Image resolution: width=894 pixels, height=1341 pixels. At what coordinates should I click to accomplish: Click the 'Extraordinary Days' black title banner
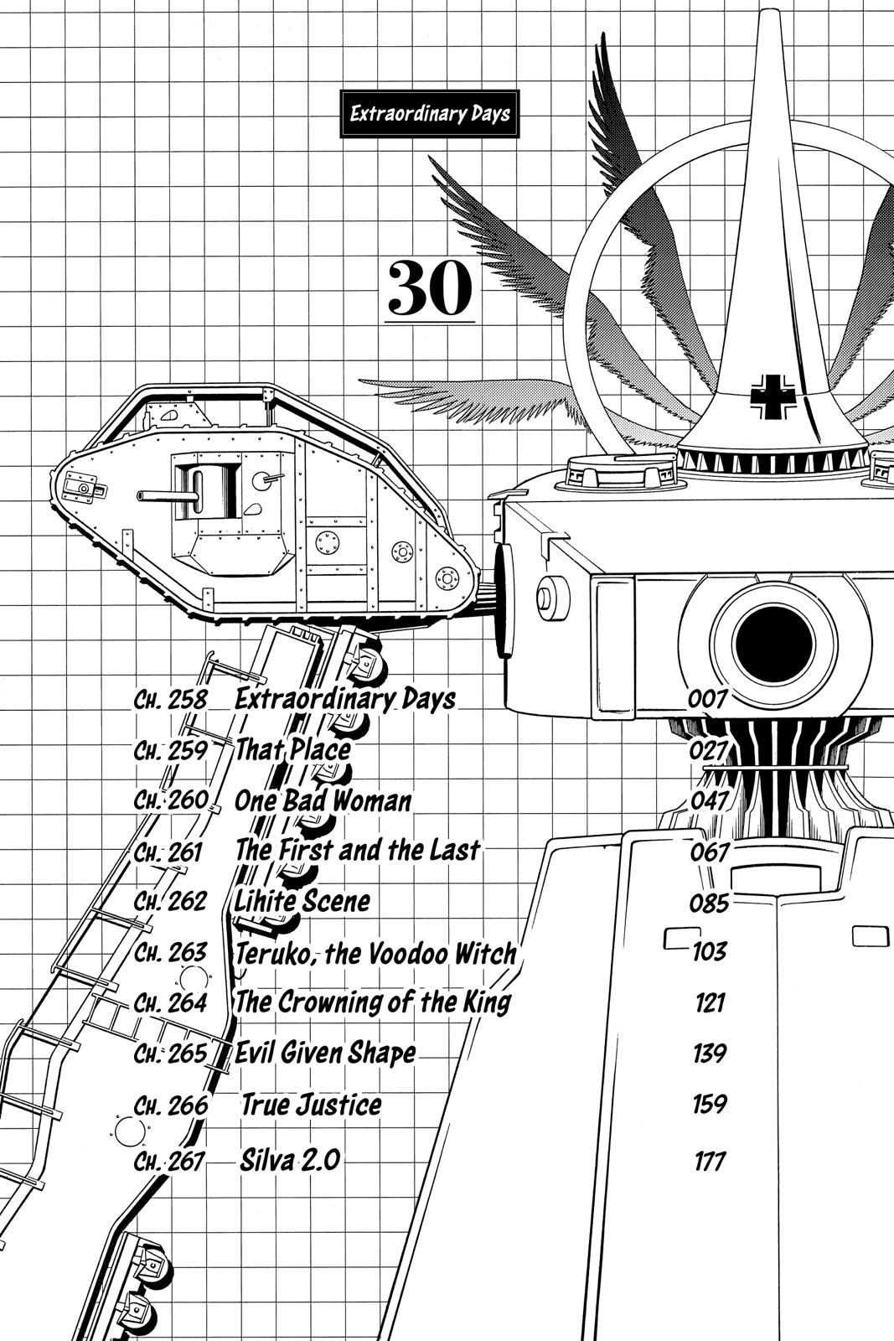point(430,114)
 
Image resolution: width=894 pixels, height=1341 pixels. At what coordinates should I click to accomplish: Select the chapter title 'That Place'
point(292,749)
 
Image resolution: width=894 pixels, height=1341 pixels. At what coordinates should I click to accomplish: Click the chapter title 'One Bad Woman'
point(323,800)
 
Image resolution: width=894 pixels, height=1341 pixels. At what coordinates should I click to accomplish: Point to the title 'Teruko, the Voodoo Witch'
point(375,953)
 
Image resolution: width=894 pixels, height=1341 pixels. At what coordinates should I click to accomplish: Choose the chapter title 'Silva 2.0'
point(290,1161)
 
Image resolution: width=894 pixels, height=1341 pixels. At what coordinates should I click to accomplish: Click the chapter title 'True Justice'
point(312,1105)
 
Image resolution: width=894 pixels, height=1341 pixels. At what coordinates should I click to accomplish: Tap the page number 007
point(708,699)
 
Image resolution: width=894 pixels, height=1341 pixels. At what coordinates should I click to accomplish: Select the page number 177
point(709,1162)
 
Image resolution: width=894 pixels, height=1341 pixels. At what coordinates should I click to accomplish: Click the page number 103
point(709,952)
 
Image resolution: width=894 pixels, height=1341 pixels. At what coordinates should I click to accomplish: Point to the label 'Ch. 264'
point(170,1003)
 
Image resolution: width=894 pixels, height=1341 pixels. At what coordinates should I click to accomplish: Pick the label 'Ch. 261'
point(168,852)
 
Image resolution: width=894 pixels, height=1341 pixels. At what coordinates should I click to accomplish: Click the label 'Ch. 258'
point(170,699)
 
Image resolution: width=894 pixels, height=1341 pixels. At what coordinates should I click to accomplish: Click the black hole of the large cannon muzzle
point(773,643)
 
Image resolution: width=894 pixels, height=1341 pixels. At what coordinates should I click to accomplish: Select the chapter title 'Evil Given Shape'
point(325,1053)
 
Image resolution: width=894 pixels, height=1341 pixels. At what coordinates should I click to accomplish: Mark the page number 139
point(709,1053)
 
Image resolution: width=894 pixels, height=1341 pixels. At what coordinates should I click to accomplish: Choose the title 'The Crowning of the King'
point(373,1002)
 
